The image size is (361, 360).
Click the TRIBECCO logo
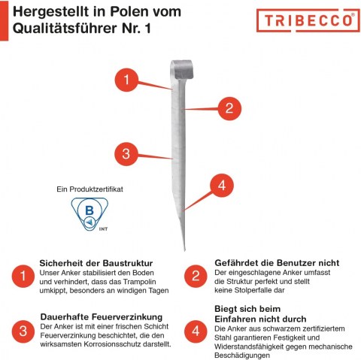308,20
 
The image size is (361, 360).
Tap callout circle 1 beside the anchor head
126,80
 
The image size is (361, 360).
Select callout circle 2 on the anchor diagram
229,108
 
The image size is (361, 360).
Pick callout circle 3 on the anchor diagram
126,153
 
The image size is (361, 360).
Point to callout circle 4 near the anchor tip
222,186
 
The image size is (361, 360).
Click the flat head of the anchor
182,69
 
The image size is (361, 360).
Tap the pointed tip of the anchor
184,250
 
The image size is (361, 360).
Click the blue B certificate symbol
89,214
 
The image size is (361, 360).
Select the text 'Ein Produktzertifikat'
89,189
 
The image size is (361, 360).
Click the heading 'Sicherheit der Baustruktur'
96,263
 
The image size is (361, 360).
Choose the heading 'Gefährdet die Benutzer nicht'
277,263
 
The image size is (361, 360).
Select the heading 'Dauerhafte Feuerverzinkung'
102,317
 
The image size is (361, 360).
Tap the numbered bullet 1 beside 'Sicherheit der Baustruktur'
23,276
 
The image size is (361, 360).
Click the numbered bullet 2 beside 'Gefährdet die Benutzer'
196,276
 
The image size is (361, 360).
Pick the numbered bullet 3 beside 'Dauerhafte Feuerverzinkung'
23,331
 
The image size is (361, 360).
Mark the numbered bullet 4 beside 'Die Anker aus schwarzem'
196,331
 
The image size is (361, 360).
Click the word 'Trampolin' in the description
139,282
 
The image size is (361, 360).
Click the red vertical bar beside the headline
4,20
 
